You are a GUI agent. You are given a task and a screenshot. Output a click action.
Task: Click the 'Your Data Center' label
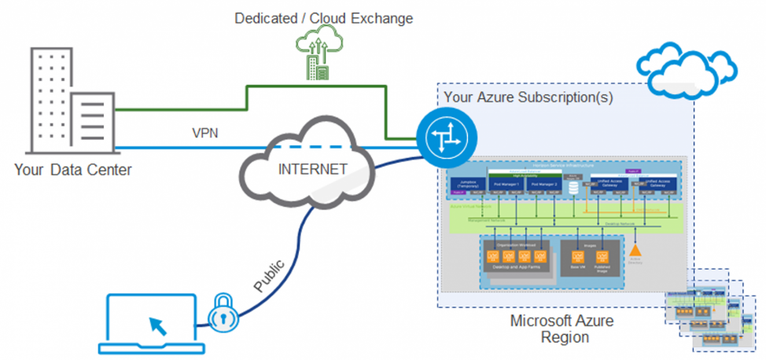click(x=72, y=169)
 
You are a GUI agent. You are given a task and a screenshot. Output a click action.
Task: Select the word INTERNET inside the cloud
click(x=312, y=168)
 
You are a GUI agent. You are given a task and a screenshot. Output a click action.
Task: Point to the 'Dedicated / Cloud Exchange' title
click(x=323, y=17)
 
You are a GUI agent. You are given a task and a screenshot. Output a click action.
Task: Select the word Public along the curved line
click(x=269, y=274)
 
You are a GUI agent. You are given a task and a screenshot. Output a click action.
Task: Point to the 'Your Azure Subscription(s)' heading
click(x=528, y=97)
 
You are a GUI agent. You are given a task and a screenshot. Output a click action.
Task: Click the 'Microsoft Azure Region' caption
click(x=562, y=329)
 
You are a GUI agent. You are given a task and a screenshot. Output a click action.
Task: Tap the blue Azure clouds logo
click(x=678, y=62)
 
